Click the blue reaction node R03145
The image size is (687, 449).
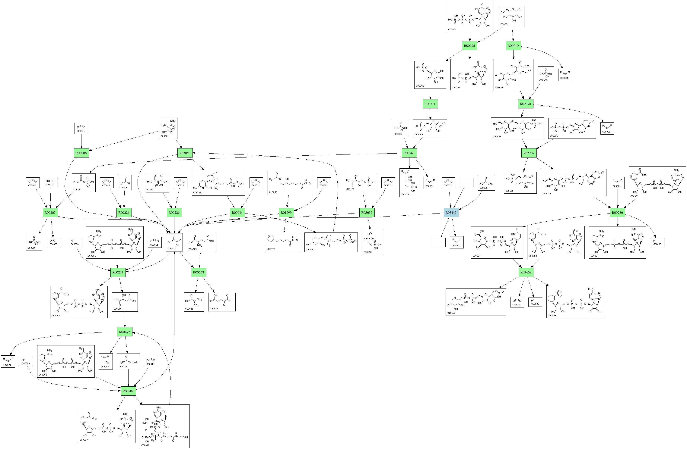click(451, 213)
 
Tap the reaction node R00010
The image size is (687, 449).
click(514, 45)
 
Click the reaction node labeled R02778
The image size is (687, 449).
click(525, 104)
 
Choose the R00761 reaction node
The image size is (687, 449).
click(409, 153)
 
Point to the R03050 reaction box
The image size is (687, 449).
click(185, 153)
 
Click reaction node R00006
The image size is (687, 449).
click(81, 153)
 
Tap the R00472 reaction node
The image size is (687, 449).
click(125, 332)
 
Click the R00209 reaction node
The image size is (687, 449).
click(128, 391)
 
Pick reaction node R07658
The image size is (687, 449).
click(526, 272)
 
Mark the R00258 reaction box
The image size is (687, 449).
click(199, 272)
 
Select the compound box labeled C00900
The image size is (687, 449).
click(168, 128)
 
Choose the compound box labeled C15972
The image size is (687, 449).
click(283, 242)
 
